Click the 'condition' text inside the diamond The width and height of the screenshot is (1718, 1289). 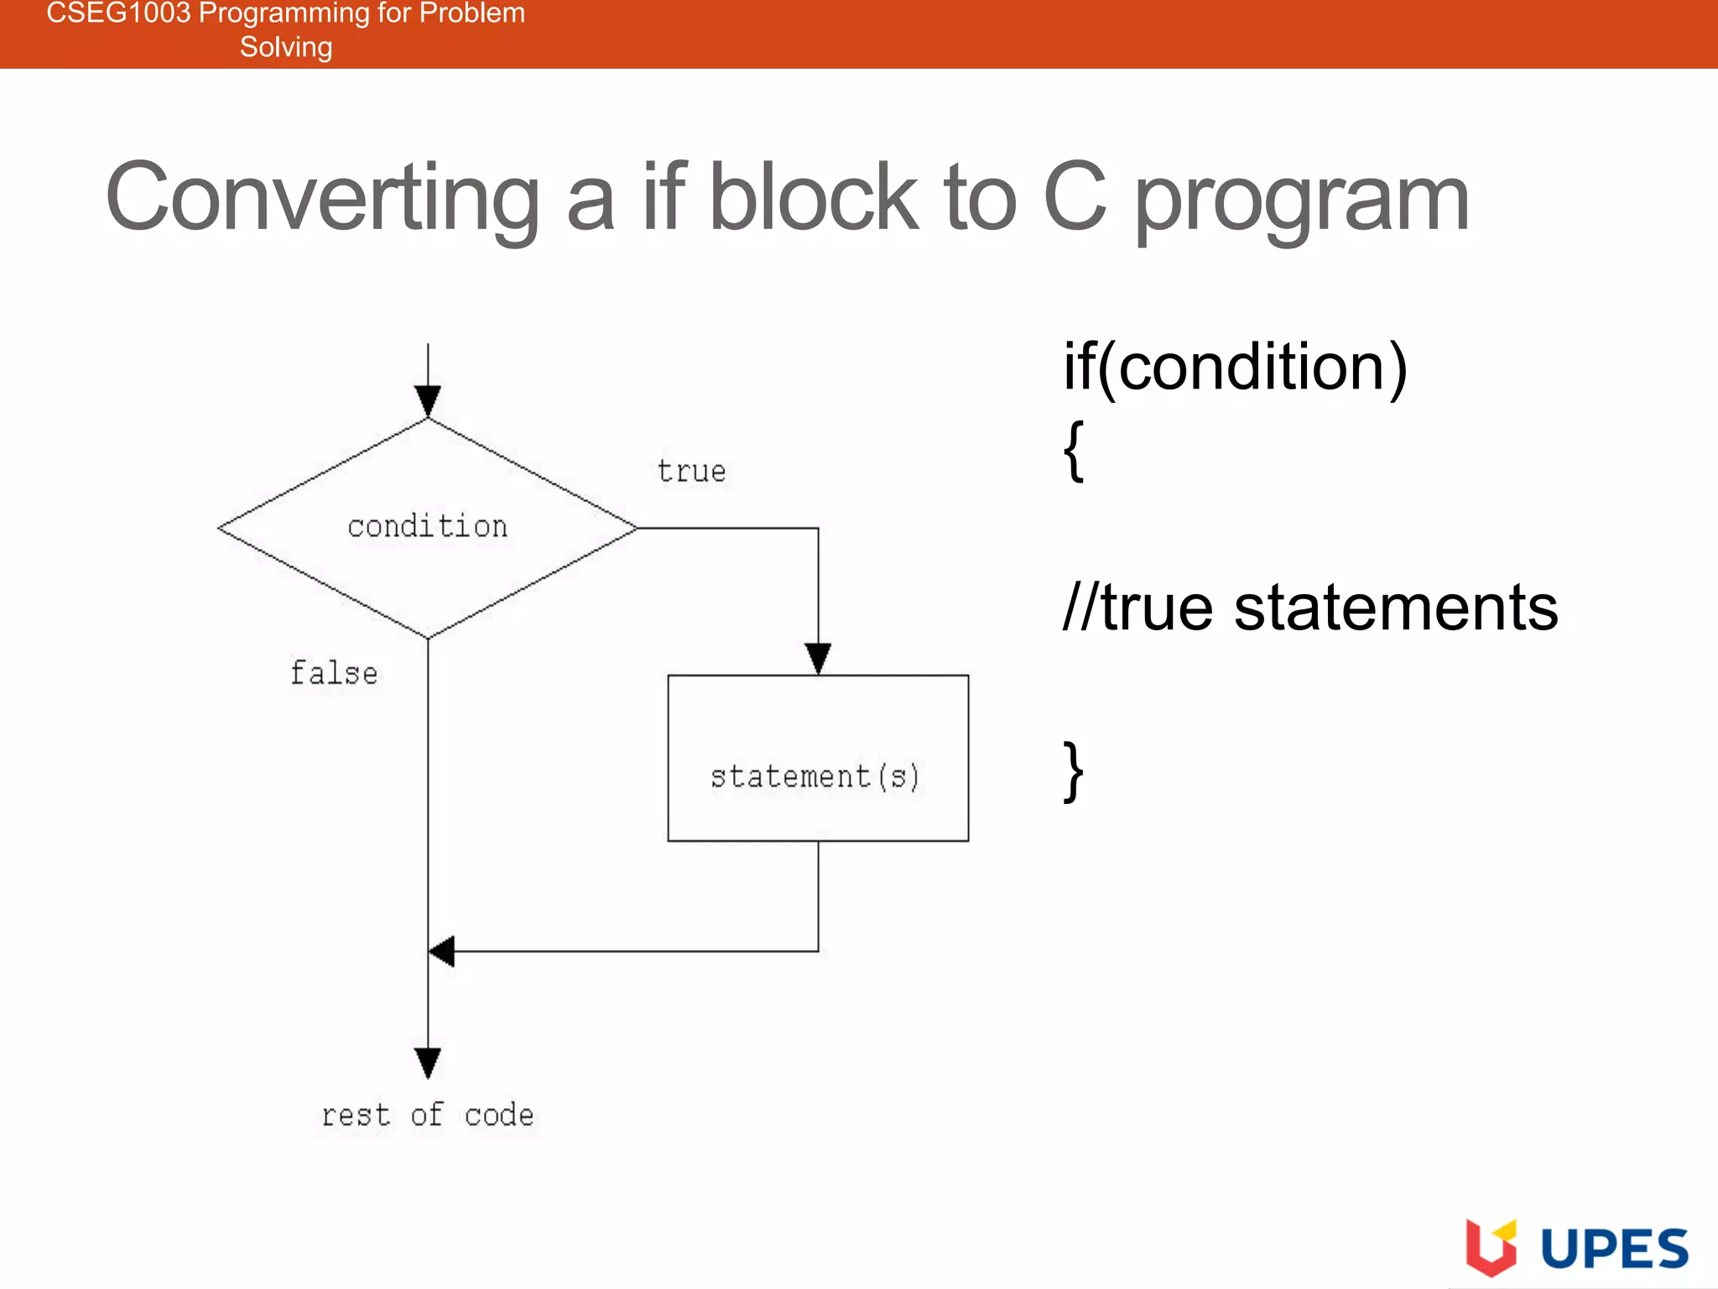(x=427, y=527)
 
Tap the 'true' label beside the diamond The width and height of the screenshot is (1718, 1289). (x=691, y=472)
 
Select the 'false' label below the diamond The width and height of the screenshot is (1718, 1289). (x=334, y=673)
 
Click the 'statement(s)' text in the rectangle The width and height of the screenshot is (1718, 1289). (x=815, y=776)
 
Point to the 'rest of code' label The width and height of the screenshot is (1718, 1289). (x=428, y=1115)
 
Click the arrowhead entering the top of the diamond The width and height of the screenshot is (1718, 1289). (x=428, y=400)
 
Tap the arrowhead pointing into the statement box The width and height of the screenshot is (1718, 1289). (x=818, y=658)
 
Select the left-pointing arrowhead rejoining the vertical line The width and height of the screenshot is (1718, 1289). (x=442, y=952)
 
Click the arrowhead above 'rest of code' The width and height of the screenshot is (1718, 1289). (x=428, y=1062)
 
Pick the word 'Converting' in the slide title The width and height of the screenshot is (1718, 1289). (x=322, y=198)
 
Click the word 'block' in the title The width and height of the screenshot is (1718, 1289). (x=814, y=198)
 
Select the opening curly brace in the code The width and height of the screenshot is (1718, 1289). (x=1074, y=451)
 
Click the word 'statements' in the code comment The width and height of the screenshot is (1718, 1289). (x=1396, y=608)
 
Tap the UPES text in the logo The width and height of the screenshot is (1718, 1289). (x=1615, y=1249)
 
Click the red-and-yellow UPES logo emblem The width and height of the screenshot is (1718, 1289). (x=1491, y=1247)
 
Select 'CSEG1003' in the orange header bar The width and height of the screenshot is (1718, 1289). (x=118, y=13)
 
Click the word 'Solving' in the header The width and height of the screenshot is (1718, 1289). (x=286, y=47)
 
